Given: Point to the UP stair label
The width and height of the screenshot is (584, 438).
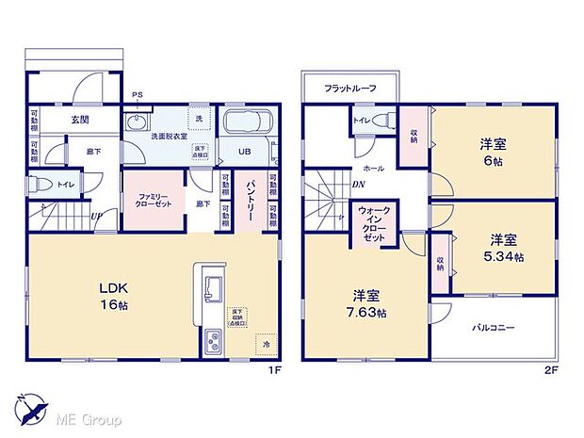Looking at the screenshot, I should click(97, 216).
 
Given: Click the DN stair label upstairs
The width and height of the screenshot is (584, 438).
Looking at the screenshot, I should click(358, 185).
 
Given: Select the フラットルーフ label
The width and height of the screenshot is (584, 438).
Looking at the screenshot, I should click(350, 89).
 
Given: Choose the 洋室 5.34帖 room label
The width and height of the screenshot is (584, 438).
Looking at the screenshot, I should click(505, 248).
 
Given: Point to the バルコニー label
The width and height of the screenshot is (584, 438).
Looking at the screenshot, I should click(493, 328).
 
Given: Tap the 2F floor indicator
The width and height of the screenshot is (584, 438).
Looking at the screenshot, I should click(551, 369).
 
